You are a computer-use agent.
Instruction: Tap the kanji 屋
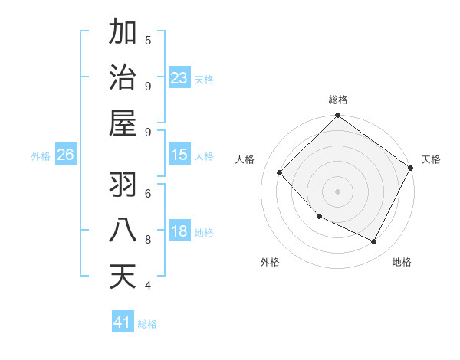[x=123, y=122]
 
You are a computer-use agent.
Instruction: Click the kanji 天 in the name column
[x=123, y=276]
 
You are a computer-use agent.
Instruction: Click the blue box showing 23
[x=179, y=77]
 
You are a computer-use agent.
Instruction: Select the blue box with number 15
[x=179, y=155]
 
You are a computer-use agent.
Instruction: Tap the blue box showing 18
[x=179, y=231]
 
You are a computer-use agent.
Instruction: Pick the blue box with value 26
[x=65, y=155]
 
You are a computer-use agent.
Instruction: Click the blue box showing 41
[x=123, y=322]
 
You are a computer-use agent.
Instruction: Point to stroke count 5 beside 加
[x=148, y=41]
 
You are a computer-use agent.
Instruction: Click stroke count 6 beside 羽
[x=148, y=193]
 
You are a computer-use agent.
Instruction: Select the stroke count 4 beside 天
[x=148, y=286]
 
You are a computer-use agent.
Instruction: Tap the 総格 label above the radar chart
[x=338, y=100]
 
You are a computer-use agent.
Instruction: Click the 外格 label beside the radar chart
[x=271, y=262]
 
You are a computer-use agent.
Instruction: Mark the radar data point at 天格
[x=411, y=168]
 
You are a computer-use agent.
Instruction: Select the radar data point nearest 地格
[x=374, y=242]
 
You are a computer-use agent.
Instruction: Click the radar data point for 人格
[x=280, y=172]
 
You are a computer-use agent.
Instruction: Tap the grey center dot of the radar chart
[x=337, y=191]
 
